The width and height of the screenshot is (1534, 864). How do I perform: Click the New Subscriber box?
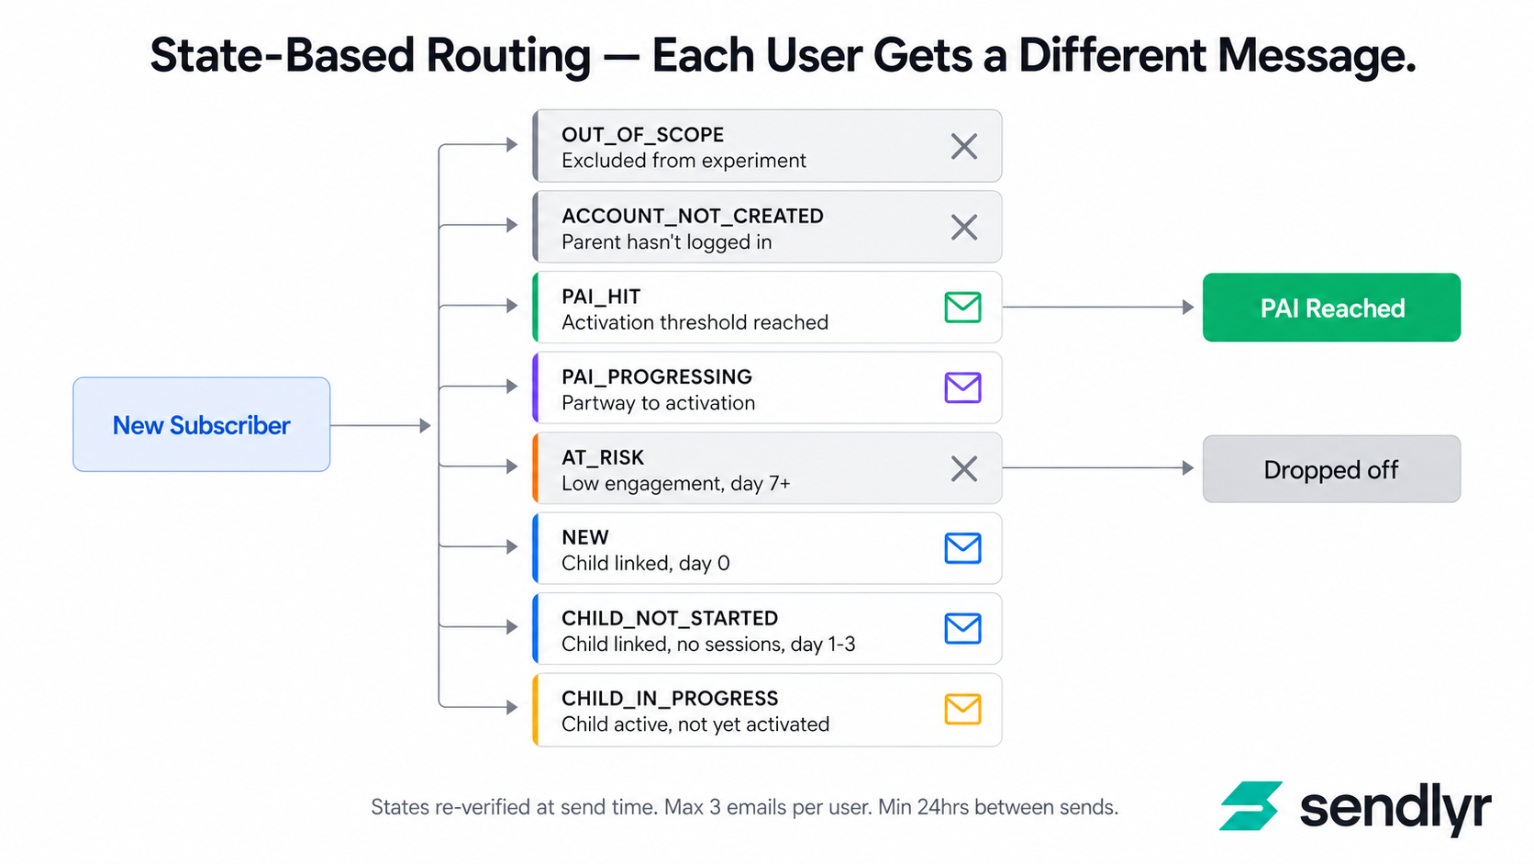click(x=201, y=424)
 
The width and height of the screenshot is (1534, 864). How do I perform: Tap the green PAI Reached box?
click(x=1331, y=308)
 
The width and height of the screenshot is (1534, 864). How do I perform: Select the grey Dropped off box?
click(x=1331, y=469)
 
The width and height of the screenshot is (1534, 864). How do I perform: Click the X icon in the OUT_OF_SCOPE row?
click(x=963, y=146)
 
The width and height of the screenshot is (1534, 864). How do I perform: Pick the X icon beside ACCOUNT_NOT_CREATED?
click(x=963, y=227)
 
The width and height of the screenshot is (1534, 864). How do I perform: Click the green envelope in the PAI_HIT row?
click(x=962, y=307)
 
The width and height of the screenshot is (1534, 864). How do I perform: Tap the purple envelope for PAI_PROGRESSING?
click(x=962, y=387)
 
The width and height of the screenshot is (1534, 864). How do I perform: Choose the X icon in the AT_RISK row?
click(x=963, y=468)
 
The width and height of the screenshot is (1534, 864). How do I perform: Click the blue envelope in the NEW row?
click(x=962, y=548)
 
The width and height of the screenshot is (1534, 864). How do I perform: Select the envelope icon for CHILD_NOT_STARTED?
click(x=962, y=629)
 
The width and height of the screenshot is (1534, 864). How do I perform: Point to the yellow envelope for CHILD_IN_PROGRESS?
click(x=962, y=709)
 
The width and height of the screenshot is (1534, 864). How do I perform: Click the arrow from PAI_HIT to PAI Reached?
click(x=1098, y=308)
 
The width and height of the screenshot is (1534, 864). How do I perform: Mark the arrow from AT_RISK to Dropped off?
click(x=1098, y=468)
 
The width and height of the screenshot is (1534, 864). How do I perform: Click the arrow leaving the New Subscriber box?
click(x=380, y=425)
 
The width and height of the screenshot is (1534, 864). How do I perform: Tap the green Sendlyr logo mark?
click(x=1251, y=806)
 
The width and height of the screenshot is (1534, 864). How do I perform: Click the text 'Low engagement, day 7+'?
click(x=676, y=484)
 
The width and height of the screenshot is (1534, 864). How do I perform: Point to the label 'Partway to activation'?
click(x=658, y=403)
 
